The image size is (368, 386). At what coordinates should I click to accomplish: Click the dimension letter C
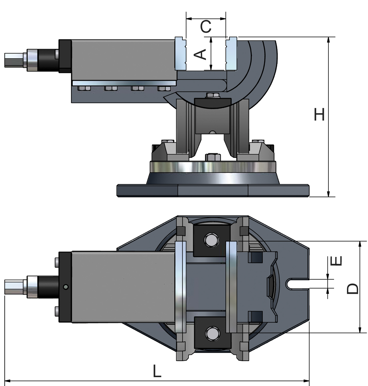pos(206,27)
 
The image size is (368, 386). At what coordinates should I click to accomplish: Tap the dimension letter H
pos(319,114)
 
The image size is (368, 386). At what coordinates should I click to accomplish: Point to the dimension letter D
pos(353,288)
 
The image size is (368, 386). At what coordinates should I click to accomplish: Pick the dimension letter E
pos(336,261)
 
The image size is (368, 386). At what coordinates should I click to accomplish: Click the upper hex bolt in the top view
pos(212,240)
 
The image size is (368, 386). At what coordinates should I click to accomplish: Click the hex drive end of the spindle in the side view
pos(14,60)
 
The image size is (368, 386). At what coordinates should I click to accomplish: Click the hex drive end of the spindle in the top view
pos(14,287)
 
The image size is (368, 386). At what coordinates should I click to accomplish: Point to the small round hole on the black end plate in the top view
pos(66,287)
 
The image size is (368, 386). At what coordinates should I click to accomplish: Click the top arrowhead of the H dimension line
pos(328,40)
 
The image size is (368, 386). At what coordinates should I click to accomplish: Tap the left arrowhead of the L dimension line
pos(8,381)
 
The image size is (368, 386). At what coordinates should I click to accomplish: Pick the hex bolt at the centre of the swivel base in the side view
pos(212,157)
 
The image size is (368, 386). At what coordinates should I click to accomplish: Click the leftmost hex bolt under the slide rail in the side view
pos(84,88)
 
